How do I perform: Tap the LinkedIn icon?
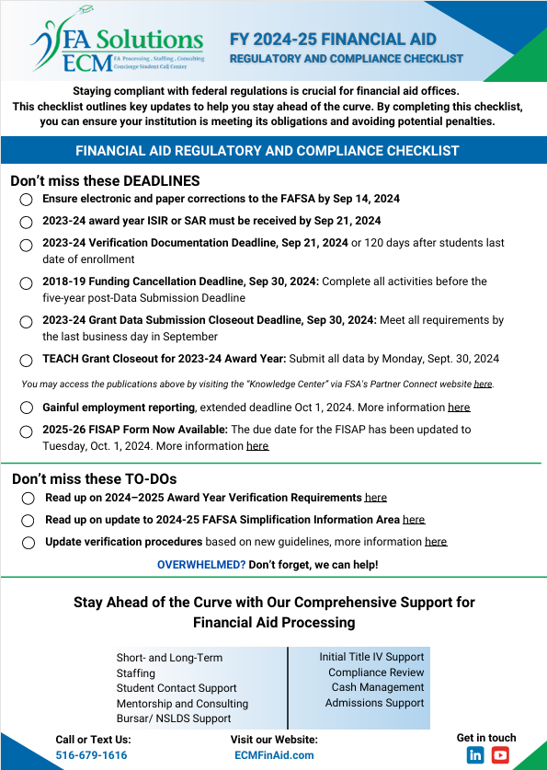(475, 754)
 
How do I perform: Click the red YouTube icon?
(500, 754)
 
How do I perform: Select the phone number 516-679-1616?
(91, 755)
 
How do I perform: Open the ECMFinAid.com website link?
(274, 755)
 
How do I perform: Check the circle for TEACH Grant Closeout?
(27, 360)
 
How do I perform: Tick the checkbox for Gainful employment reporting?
(27, 408)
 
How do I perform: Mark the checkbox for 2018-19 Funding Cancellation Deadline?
(27, 282)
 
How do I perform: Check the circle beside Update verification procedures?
(28, 543)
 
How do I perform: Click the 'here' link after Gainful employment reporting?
(459, 407)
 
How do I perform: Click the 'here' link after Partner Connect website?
(483, 384)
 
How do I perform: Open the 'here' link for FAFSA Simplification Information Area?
(414, 520)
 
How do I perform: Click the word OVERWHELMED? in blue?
(199, 564)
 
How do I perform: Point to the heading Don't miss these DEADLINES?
(105, 181)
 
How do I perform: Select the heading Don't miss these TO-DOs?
(94, 478)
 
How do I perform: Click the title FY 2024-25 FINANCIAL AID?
(333, 40)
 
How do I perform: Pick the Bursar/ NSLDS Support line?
(174, 718)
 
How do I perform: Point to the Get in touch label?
(486, 737)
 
